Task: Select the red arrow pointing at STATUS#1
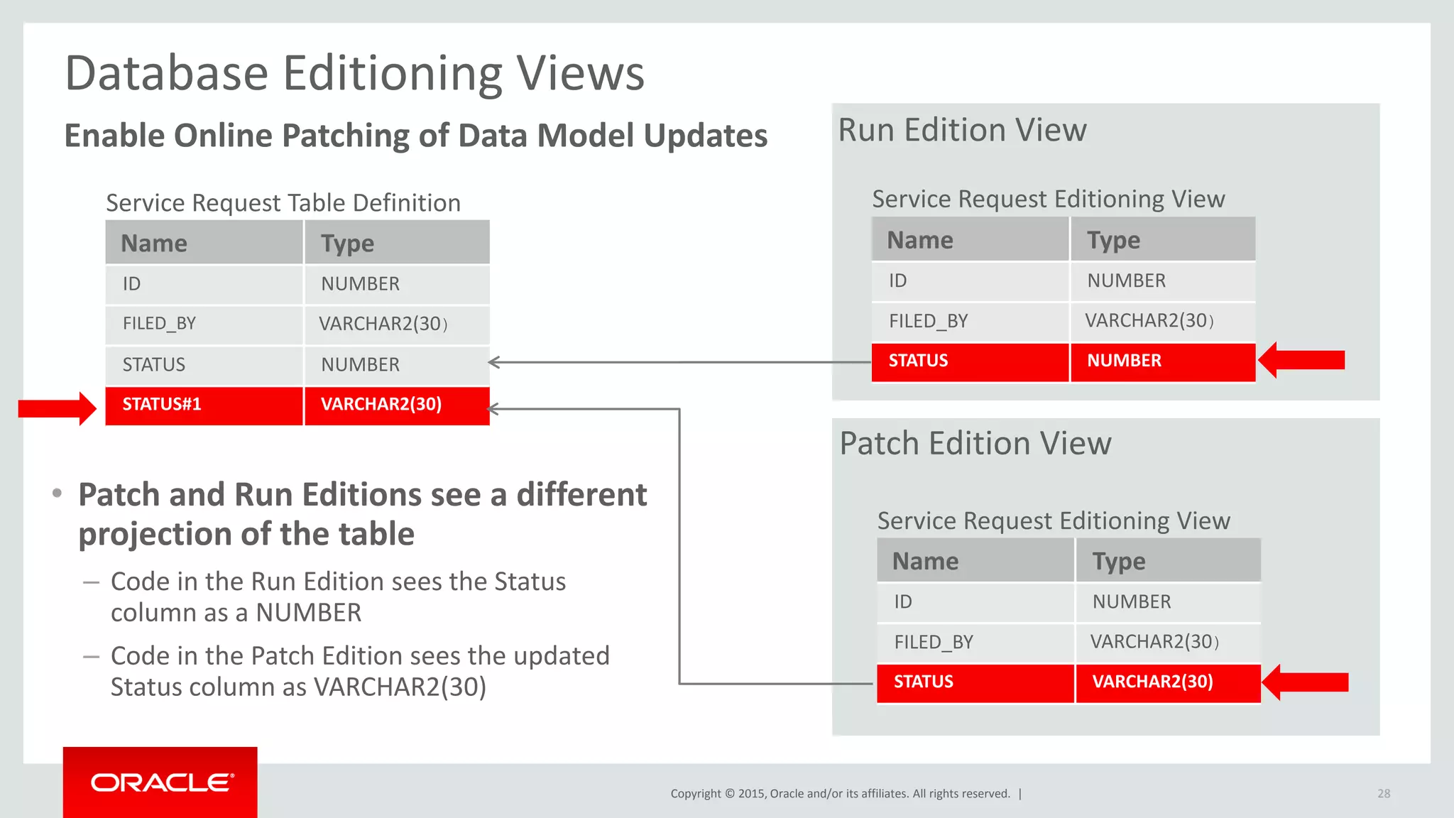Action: [57, 408]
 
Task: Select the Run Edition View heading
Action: [962, 131]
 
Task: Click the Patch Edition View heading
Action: [975, 444]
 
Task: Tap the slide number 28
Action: [1384, 794]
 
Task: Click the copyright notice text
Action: [840, 794]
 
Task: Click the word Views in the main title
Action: [579, 73]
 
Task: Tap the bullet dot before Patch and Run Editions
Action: [58, 493]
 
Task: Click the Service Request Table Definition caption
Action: [283, 203]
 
